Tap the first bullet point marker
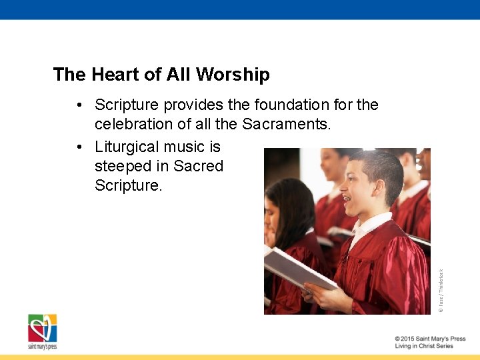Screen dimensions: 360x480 [79, 105]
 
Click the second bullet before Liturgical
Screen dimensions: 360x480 [79, 147]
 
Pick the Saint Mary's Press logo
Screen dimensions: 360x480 [42, 331]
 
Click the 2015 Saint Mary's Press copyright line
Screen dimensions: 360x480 [430, 339]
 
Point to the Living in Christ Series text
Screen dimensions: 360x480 [424, 347]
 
